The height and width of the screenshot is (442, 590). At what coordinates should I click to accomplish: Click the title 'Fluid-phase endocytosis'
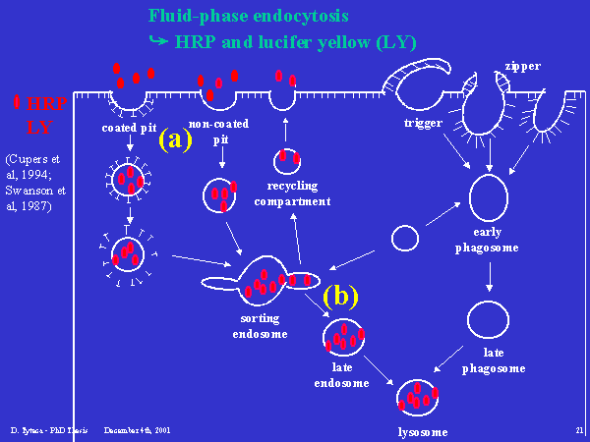[249, 17]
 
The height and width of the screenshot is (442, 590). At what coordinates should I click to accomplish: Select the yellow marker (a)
[176, 139]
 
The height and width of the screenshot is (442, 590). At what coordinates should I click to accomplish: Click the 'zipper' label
[521, 67]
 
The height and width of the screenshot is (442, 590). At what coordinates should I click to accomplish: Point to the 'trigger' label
[423, 123]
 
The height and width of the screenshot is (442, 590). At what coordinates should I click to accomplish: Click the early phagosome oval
[489, 197]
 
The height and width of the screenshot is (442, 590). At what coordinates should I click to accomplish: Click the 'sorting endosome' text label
[261, 326]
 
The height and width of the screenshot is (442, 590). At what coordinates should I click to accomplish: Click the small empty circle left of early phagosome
[405, 239]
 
